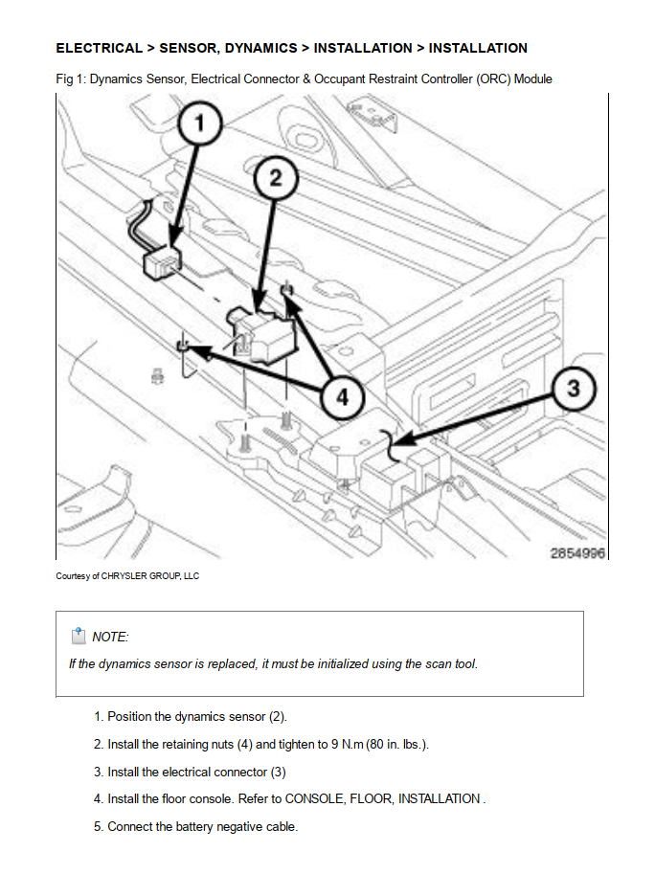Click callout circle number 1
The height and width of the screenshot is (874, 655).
[201, 124]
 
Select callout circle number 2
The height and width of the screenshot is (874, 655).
[275, 178]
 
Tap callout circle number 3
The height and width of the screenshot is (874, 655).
[574, 389]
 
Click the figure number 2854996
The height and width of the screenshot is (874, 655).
[578, 553]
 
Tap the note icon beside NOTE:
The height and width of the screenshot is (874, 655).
[78, 636]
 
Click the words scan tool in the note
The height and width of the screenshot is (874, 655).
[451, 663]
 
